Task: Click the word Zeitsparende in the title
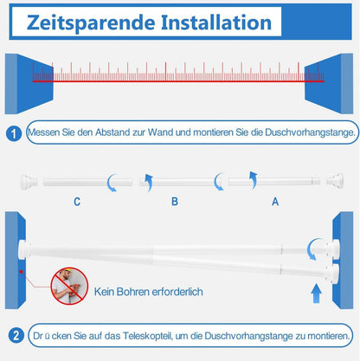point(91,23)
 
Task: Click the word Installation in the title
point(216,23)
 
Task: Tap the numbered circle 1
point(14,133)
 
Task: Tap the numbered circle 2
point(16,336)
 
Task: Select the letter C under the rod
point(77,202)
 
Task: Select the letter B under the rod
point(175,201)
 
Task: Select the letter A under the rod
point(275,201)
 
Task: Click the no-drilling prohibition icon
point(69,286)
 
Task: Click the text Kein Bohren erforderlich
point(149,292)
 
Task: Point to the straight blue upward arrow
point(317,293)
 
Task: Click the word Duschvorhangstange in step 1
point(310,132)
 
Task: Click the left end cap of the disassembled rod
point(29,182)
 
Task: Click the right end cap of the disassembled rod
point(335,181)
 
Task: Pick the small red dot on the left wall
point(21,272)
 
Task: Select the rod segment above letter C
point(87,182)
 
